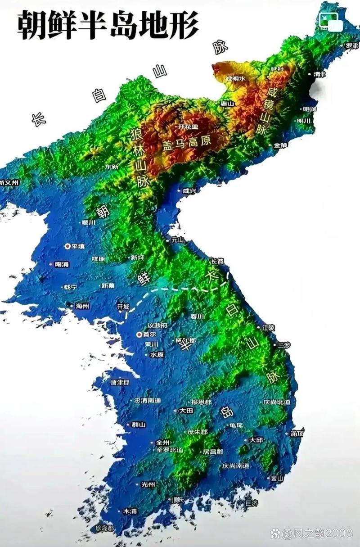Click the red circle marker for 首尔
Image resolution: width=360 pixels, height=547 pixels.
point(139,335)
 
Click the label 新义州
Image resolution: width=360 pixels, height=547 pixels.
point(9,183)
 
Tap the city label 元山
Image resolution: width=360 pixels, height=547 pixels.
point(178,240)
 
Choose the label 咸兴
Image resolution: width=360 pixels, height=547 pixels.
point(189,191)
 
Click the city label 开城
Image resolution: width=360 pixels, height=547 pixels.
point(123,307)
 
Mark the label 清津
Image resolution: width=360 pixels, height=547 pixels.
point(319,74)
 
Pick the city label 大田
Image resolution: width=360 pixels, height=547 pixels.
point(186,411)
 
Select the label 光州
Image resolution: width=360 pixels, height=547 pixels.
point(148,484)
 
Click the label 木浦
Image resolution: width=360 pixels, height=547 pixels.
point(130,511)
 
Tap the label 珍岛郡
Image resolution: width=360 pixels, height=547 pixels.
point(105,528)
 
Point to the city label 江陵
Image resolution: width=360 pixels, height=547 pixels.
point(268,327)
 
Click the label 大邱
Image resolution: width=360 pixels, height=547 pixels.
point(256,439)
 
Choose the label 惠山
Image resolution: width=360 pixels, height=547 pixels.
point(227,104)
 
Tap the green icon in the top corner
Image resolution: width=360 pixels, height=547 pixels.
point(329,20)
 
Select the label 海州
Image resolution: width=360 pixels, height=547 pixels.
point(82,306)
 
